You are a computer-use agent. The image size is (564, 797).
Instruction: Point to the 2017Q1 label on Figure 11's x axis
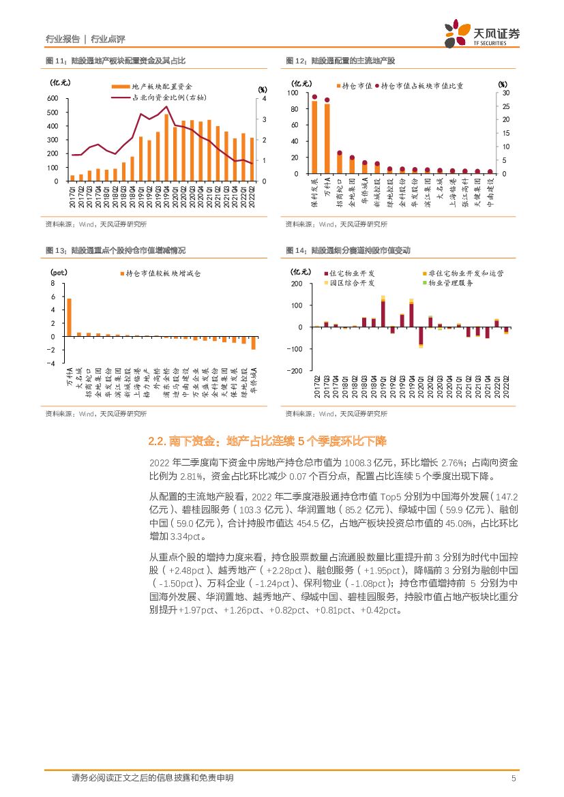click(x=72, y=194)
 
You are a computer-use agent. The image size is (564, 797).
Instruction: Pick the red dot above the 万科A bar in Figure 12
click(x=327, y=100)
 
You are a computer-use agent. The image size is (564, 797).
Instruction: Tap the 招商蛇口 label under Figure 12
click(x=340, y=193)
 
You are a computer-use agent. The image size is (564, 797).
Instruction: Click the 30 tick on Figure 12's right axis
click(x=505, y=92)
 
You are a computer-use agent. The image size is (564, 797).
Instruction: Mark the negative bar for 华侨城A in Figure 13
click(x=253, y=342)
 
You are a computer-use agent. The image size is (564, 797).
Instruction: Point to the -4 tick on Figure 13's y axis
click(x=53, y=363)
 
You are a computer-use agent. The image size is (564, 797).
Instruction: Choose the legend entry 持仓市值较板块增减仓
click(x=163, y=273)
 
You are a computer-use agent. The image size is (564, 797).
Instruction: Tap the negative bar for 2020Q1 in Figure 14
click(x=421, y=336)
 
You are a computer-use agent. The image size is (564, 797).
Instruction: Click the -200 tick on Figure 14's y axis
click(x=296, y=371)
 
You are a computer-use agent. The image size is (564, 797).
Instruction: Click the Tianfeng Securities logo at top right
click(x=481, y=33)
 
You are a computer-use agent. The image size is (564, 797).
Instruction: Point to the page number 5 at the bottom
click(x=514, y=778)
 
